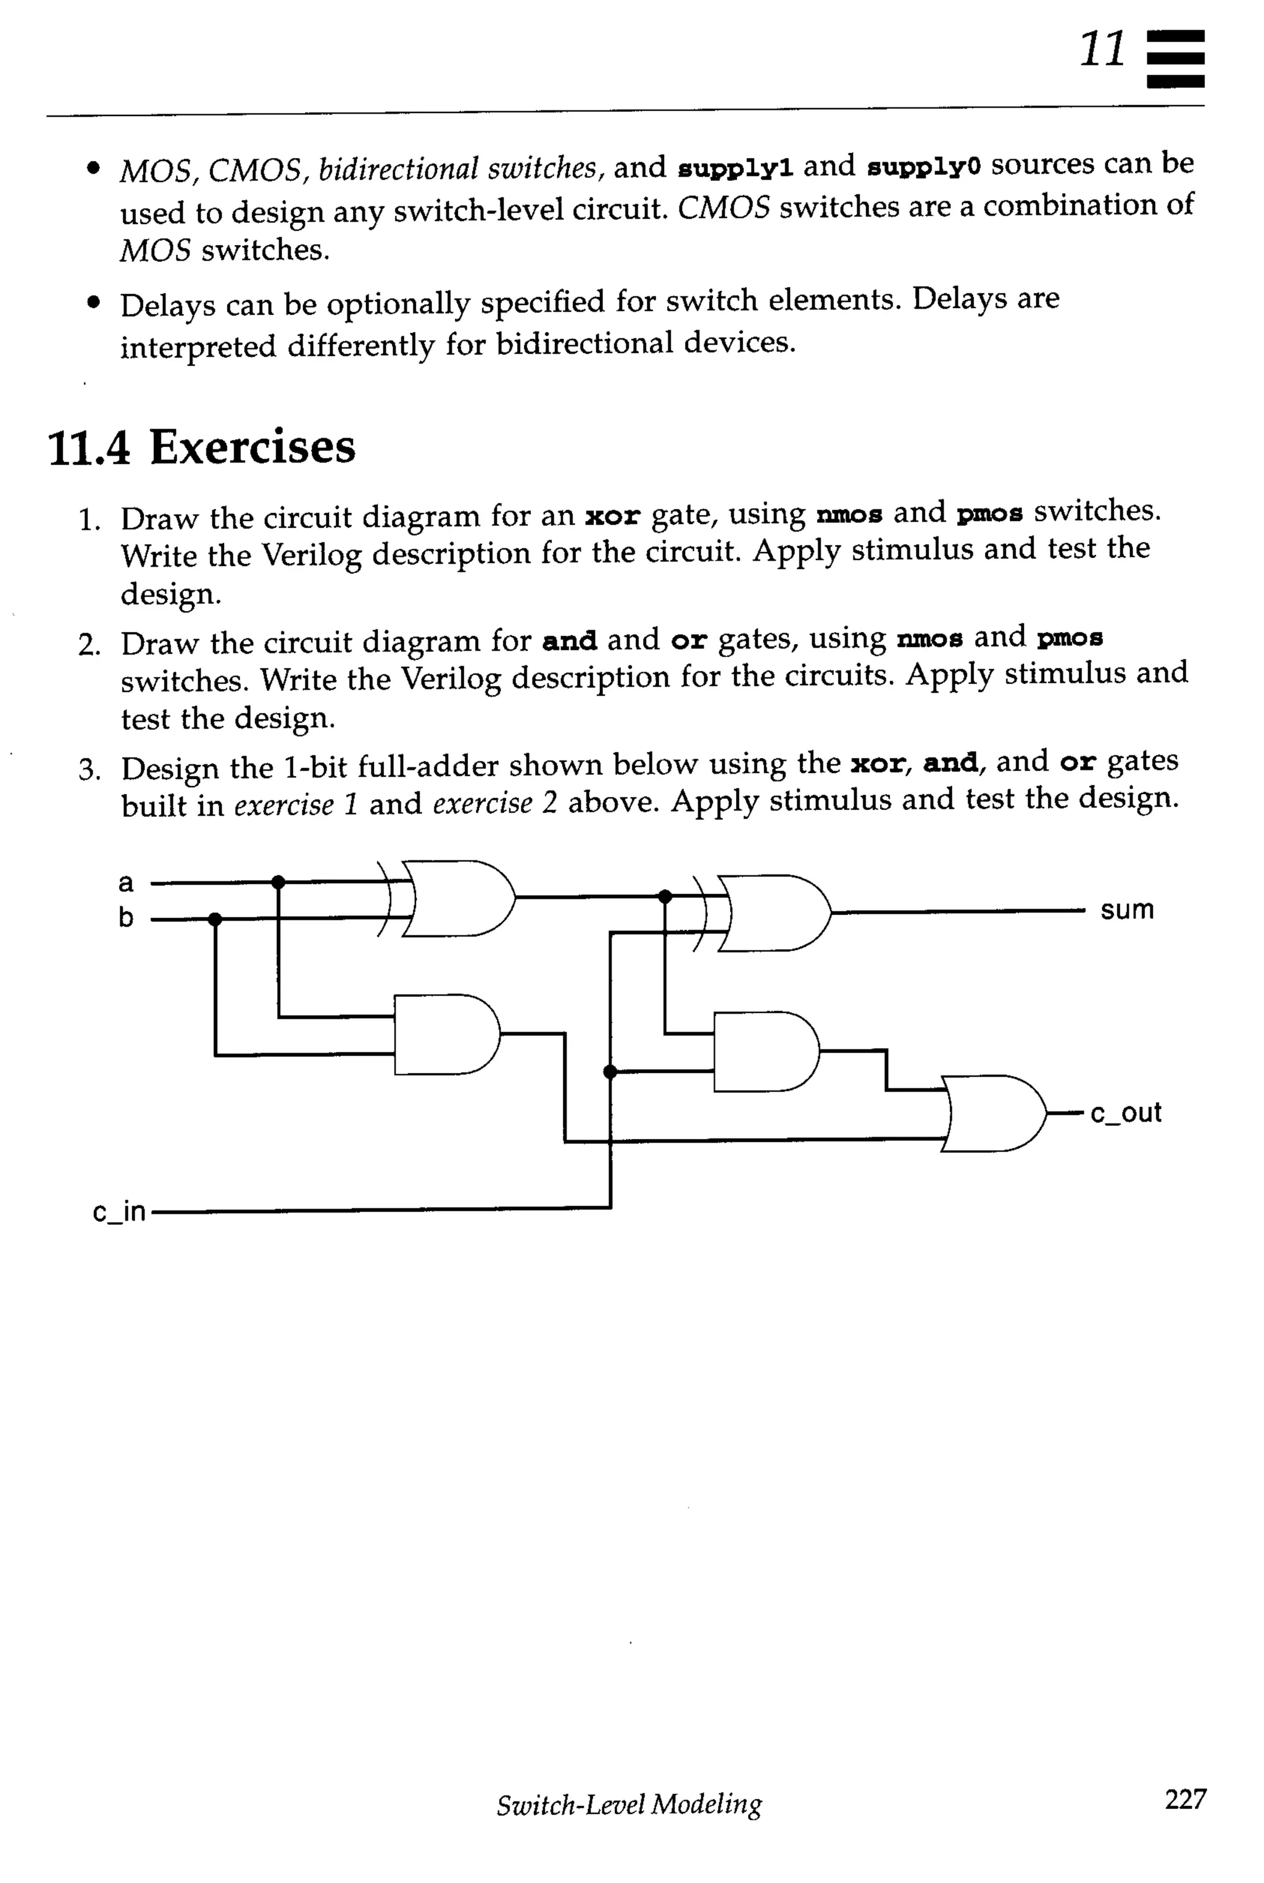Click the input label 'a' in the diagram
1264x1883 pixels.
click(x=126, y=883)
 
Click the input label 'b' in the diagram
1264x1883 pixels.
click(x=126, y=917)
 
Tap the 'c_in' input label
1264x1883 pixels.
click(x=118, y=1211)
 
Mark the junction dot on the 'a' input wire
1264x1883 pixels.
click(x=278, y=882)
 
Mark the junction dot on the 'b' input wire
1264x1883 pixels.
click(x=214, y=919)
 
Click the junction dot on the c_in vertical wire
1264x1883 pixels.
click(x=610, y=1072)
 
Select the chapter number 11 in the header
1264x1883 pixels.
click(x=1102, y=50)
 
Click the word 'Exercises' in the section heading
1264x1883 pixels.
click(x=252, y=448)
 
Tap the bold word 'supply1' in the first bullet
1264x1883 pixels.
click(x=735, y=168)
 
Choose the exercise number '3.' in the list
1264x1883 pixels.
click(x=89, y=769)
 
